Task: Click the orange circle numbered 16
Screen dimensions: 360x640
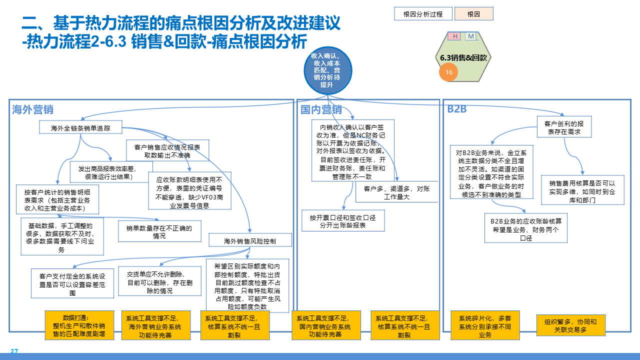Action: click(448, 72)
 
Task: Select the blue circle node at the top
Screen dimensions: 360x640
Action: click(328, 70)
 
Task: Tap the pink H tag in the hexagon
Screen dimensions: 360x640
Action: click(454, 36)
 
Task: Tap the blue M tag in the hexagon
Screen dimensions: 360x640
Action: click(471, 36)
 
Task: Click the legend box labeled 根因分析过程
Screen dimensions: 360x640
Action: click(423, 14)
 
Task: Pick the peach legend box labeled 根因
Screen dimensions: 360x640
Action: click(473, 14)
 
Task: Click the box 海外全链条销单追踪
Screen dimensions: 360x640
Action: click(80, 128)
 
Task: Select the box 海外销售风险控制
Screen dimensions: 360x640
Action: click(250, 241)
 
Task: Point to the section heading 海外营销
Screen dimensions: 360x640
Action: click(33, 110)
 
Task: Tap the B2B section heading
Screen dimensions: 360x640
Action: click(456, 109)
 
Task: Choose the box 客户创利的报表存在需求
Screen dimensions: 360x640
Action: click(564, 127)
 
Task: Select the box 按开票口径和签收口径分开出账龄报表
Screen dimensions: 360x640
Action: click(343, 221)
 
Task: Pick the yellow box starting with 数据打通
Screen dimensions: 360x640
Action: click(79, 325)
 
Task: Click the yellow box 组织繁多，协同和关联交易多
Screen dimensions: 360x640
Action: click(570, 326)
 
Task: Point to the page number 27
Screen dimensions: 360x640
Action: click(14, 351)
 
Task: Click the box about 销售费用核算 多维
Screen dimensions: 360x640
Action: click(582, 189)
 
